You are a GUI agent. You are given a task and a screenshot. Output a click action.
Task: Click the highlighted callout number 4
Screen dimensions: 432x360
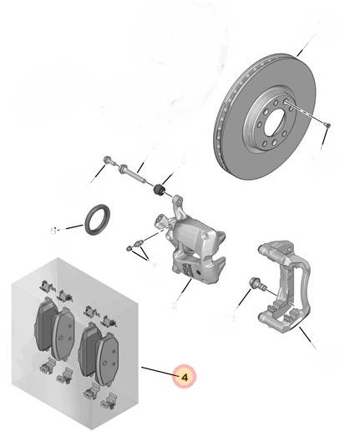pos(184,378)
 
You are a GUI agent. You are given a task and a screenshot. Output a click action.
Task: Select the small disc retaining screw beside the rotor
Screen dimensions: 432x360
pos(327,125)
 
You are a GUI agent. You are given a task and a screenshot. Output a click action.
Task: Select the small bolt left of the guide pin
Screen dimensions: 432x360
pos(109,160)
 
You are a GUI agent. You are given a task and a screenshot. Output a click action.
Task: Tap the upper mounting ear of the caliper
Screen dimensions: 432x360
pos(178,203)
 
